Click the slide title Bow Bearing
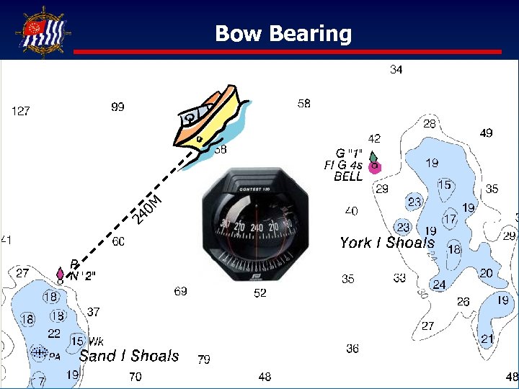tap(283, 33)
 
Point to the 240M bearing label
tap(148, 208)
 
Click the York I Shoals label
tap(387, 243)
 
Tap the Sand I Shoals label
tap(129, 356)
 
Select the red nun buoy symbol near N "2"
tap(60, 274)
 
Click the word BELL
tap(348, 177)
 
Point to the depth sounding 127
tap(21, 111)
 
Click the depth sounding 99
tap(117, 107)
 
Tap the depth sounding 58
tap(304, 104)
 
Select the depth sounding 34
tap(396, 70)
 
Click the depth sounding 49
tap(487, 133)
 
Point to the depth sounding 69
tap(180, 292)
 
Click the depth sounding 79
tap(204, 359)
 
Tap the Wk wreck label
tap(96, 341)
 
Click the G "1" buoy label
tap(350, 153)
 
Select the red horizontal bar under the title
tap(288, 52)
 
